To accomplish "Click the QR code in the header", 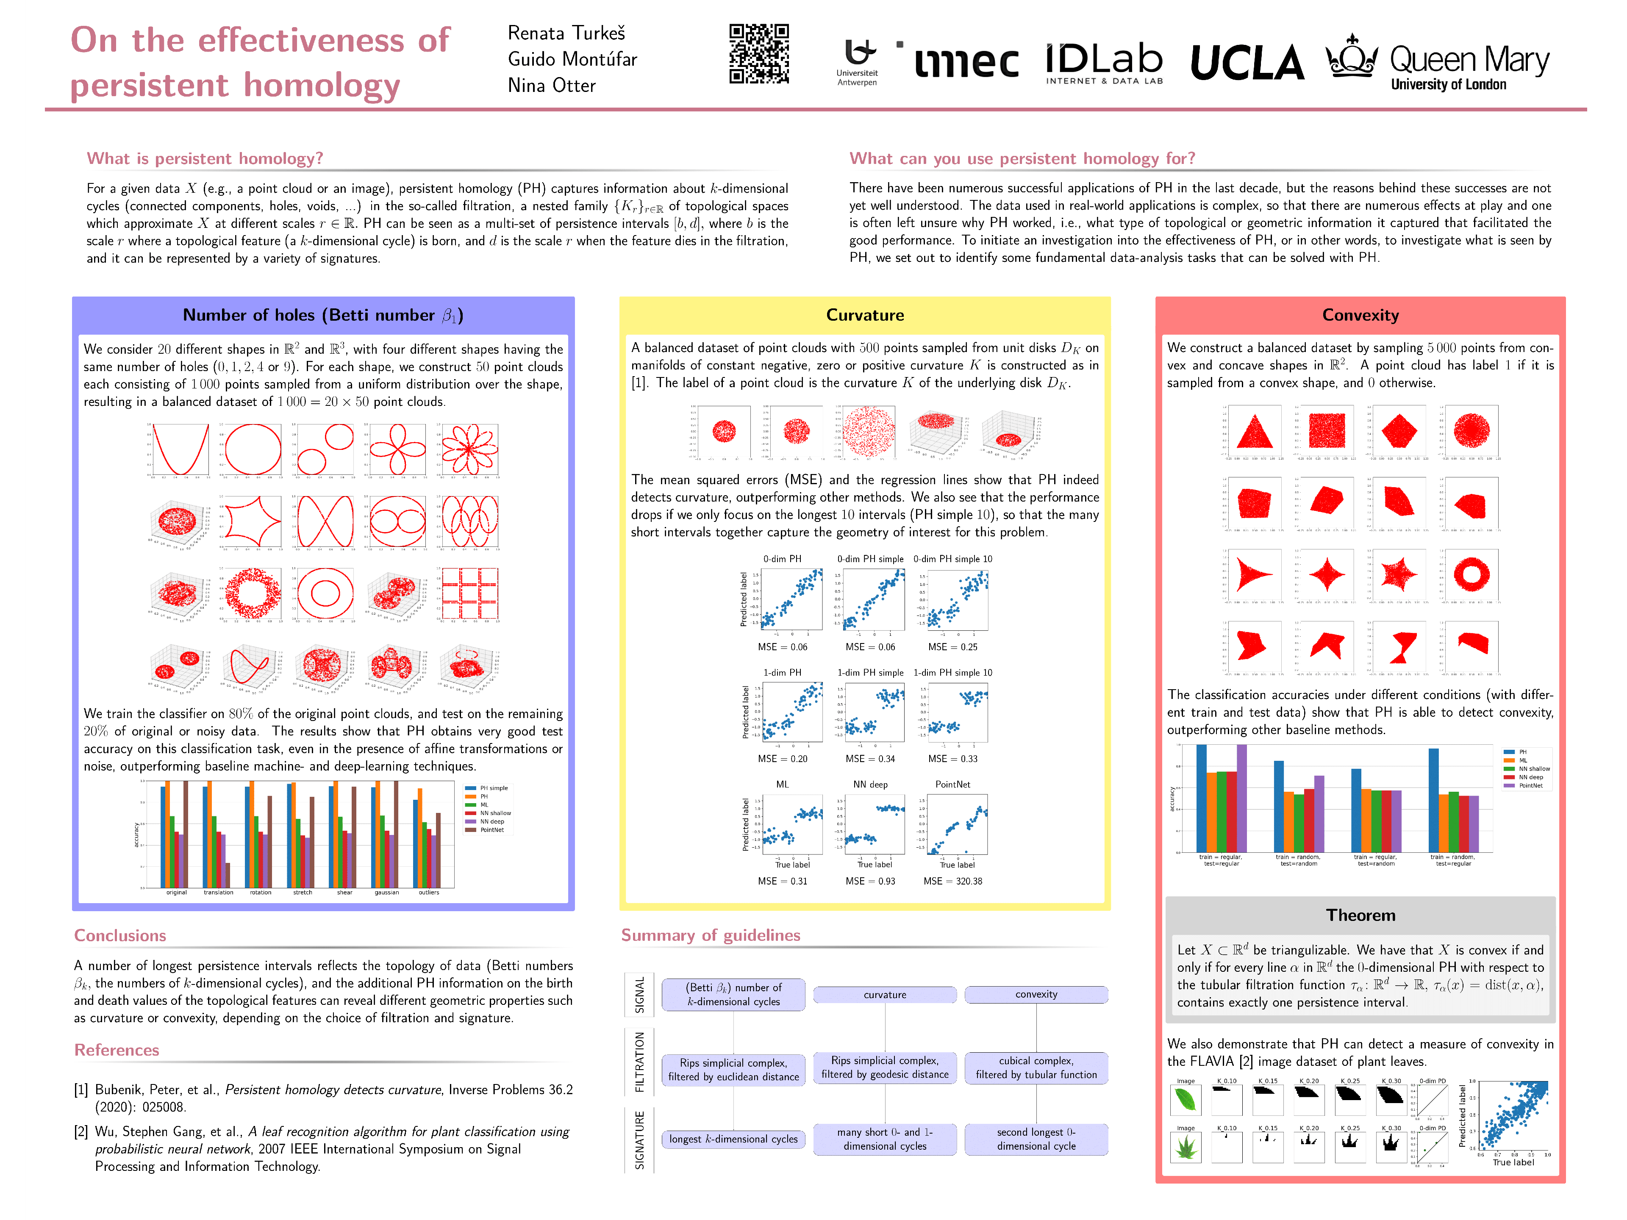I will (x=759, y=54).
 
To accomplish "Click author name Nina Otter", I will (x=552, y=86).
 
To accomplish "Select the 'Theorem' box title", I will (x=1360, y=915).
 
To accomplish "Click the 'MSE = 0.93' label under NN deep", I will (x=870, y=881).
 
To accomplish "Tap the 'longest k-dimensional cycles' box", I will (x=733, y=1139).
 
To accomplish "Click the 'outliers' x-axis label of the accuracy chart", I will (x=429, y=893).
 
